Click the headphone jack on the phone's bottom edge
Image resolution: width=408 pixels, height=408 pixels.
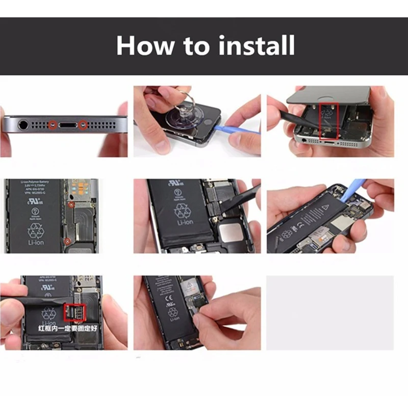pyautogui.click(x=23, y=124)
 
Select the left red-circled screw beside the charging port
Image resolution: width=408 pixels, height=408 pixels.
pyautogui.click(x=52, y=124)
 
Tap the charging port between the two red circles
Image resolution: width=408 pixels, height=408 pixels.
pyautogui.click(x=67, y=124)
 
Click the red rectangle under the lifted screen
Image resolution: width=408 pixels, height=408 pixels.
pyautogui.click(x=328, y=121)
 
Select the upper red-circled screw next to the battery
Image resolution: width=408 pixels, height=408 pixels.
pyautogui.click(x=72, y=204)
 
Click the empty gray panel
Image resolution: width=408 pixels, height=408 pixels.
pyautogui.click(x=330, y=312)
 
